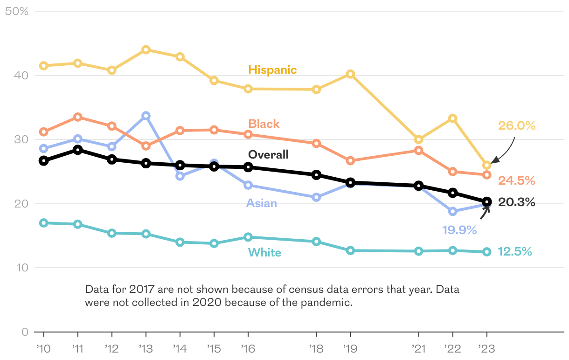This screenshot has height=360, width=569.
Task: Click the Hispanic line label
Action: (x=272, y=70)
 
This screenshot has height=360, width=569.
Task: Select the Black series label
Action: (x=264, y=124)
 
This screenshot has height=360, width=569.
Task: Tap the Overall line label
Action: (x=268, y=154)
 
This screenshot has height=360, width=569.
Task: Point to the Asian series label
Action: (x=262, y=203)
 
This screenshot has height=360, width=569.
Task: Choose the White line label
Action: (x=264, y=253)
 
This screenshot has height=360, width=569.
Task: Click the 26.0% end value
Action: (x=516, y=125)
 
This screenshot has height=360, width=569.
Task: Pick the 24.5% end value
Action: (x=516, y=180)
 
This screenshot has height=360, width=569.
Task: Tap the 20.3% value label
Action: (x=516, y=202)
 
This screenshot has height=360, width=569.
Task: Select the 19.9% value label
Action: (x=459, y=229)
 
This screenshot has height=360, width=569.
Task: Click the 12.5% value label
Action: (x=514, y=252)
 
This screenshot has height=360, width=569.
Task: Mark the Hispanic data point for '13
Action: (x=146, y=49)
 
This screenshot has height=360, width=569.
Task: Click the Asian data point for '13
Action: (x=146, y=116)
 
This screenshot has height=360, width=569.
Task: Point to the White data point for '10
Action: (x=44, y=223)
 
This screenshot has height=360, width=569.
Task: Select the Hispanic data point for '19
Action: (x=350, y=74)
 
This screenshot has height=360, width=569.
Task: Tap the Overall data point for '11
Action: (x=78, y=150)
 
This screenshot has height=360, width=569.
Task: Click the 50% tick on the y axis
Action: (x=17, y=11)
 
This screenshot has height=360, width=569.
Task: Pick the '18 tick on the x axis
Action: (x=316, y=348)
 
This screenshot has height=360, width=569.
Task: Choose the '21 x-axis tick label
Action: (x=418, y=348)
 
